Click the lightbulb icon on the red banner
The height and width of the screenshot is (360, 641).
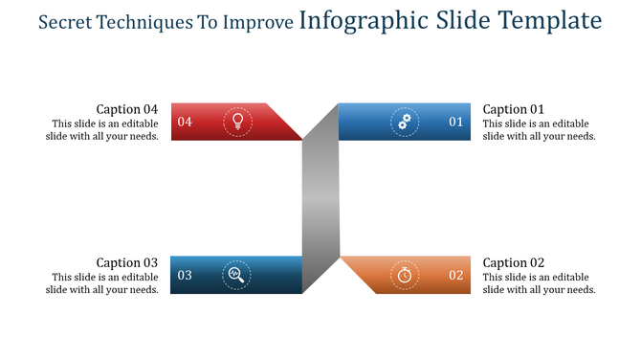click(237, 122)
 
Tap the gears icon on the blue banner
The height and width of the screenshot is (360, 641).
click(405, 122)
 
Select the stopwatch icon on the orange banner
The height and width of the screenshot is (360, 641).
click(405, 275)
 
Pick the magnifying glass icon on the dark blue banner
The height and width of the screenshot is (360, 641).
click(236, 275)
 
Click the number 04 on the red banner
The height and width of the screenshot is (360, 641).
click(185, 122)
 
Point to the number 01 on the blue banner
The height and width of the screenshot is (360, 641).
click(455, 122)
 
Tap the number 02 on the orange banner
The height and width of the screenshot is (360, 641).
click(455, 275)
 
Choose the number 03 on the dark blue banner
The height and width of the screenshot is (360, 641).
click(185, 275)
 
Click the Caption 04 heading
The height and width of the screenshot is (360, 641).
click(127, 109)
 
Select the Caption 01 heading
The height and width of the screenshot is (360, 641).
click(514, 109)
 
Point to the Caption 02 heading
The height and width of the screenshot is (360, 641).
click(514, 262)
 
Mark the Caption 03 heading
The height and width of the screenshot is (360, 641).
click(127, 262)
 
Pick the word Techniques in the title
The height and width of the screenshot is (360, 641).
click(148, 22)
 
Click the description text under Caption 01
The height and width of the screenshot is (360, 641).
click(540, 130)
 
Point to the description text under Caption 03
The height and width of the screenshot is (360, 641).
click(102, 283)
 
